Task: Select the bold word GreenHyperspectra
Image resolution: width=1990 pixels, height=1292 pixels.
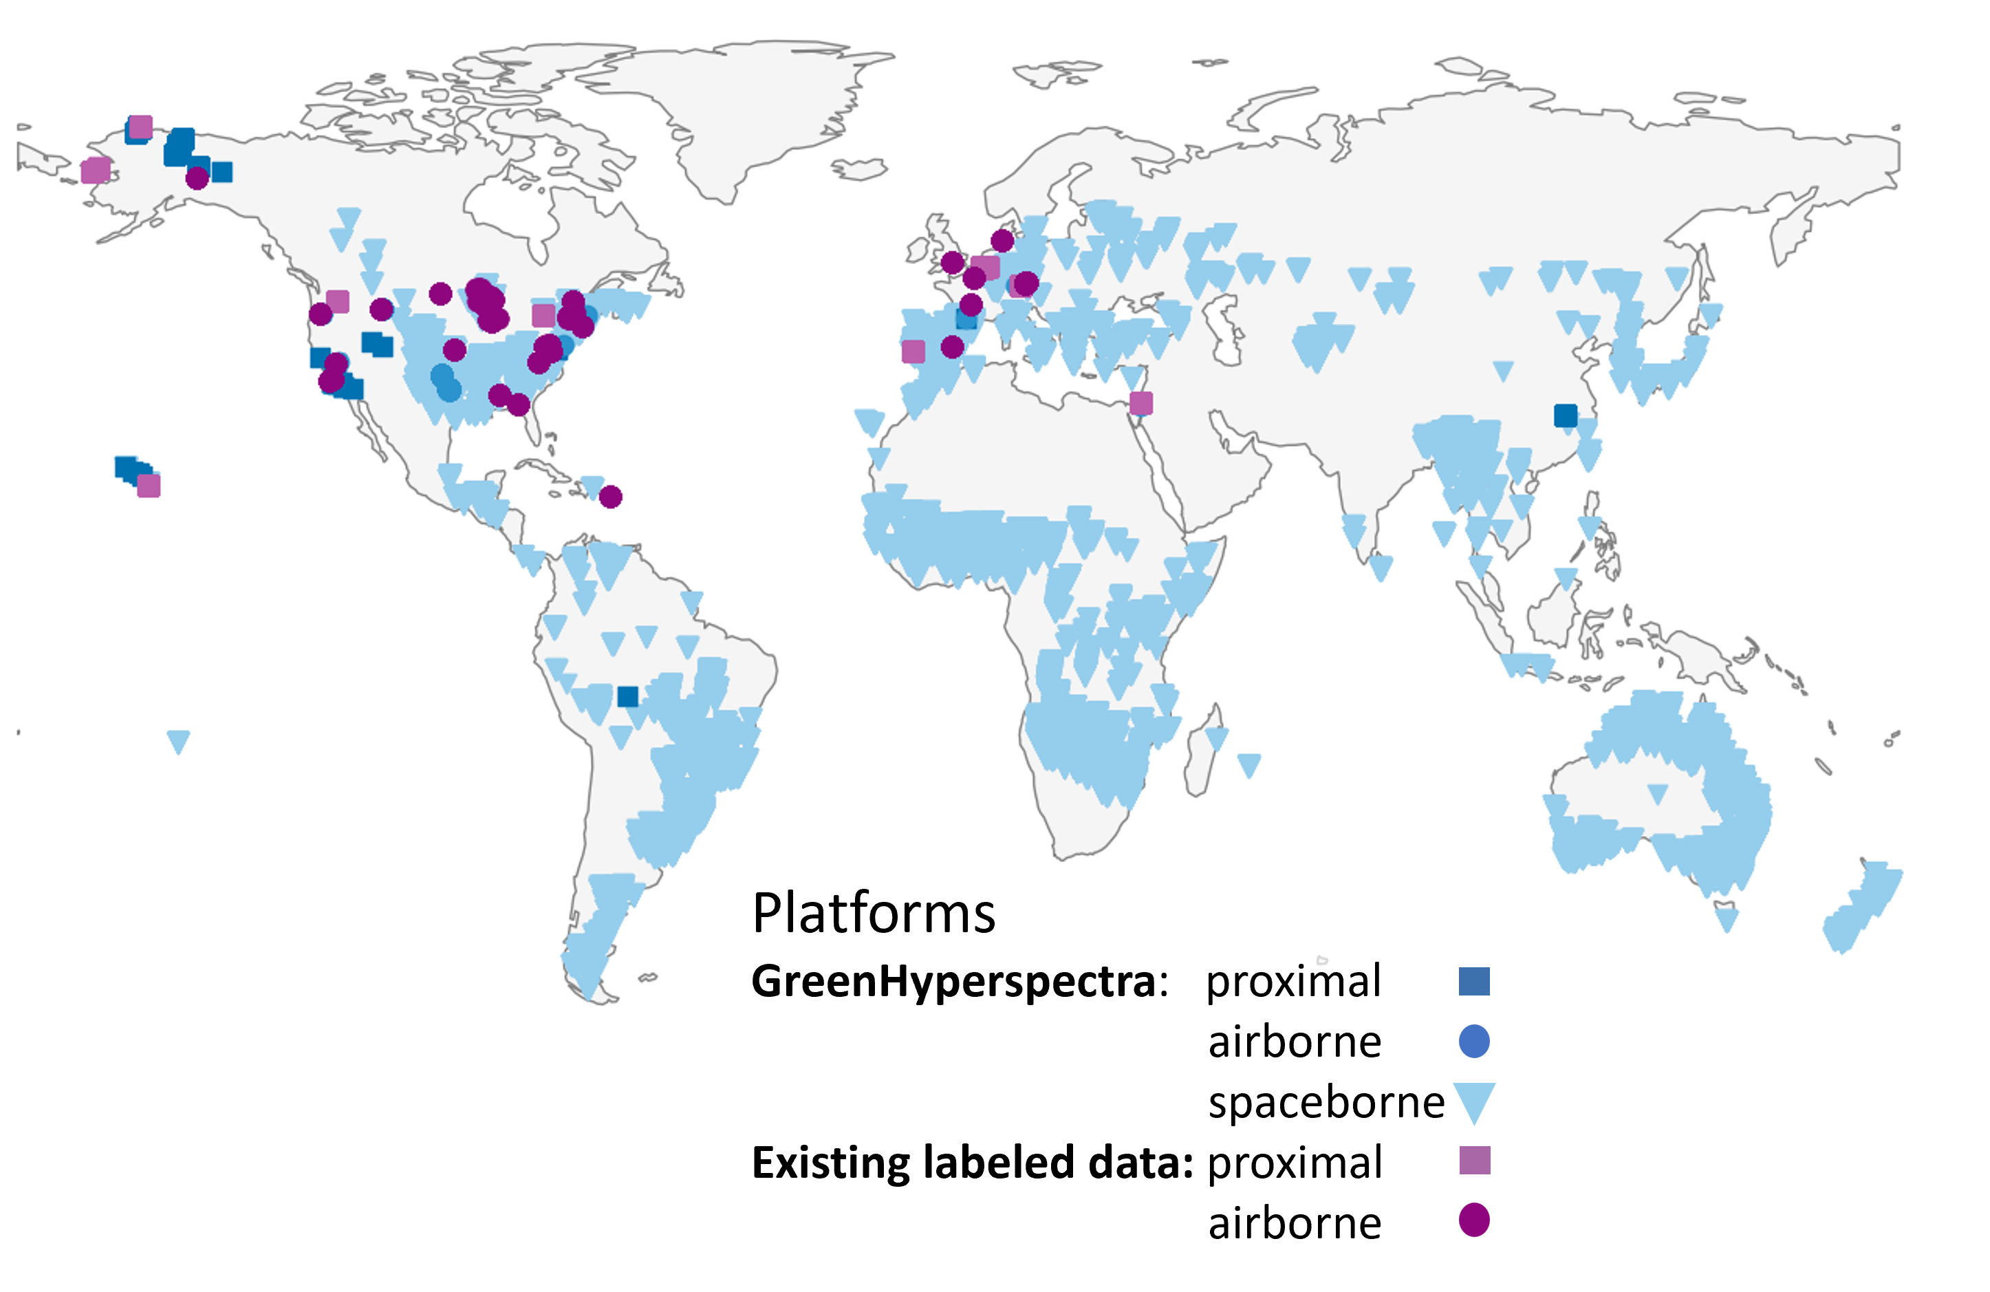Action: click(x=953, y=981)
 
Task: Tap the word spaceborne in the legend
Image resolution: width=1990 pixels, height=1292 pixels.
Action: click(x=1326, y=1102)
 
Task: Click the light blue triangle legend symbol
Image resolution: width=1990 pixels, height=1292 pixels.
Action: click(x=1474, y=1101)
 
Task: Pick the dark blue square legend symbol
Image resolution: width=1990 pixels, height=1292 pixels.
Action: click(x=1474, y=981)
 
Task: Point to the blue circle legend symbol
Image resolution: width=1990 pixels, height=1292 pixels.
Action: click(x=1474, y=1041)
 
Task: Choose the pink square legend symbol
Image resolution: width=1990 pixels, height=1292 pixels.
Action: click(x=1474, y=1161)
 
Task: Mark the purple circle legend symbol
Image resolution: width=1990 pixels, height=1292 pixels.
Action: click(x=1474, y=1220)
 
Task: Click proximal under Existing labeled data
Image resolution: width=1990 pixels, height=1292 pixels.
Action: click(x=1295, y=1163)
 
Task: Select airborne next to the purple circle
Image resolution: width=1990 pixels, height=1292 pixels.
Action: click(x=1295, y=1223)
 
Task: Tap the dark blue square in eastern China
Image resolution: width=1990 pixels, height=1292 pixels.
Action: click(x=1566, y=415)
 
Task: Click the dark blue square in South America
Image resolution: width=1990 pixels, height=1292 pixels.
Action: click(x=628, y=696)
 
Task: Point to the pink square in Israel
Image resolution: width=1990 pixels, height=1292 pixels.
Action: click(x=1141, y=403)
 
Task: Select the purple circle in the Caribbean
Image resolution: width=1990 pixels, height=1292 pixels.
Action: click(x=612, y=497)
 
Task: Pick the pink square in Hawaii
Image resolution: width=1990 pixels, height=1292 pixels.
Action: click(x=149, y=486)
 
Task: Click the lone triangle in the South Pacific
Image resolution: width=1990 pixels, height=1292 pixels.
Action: click(x=178, y=740)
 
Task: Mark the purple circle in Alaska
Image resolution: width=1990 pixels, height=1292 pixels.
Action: click(x=197, y=178)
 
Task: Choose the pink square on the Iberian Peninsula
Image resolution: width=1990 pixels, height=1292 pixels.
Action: click(x=914, y=352)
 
